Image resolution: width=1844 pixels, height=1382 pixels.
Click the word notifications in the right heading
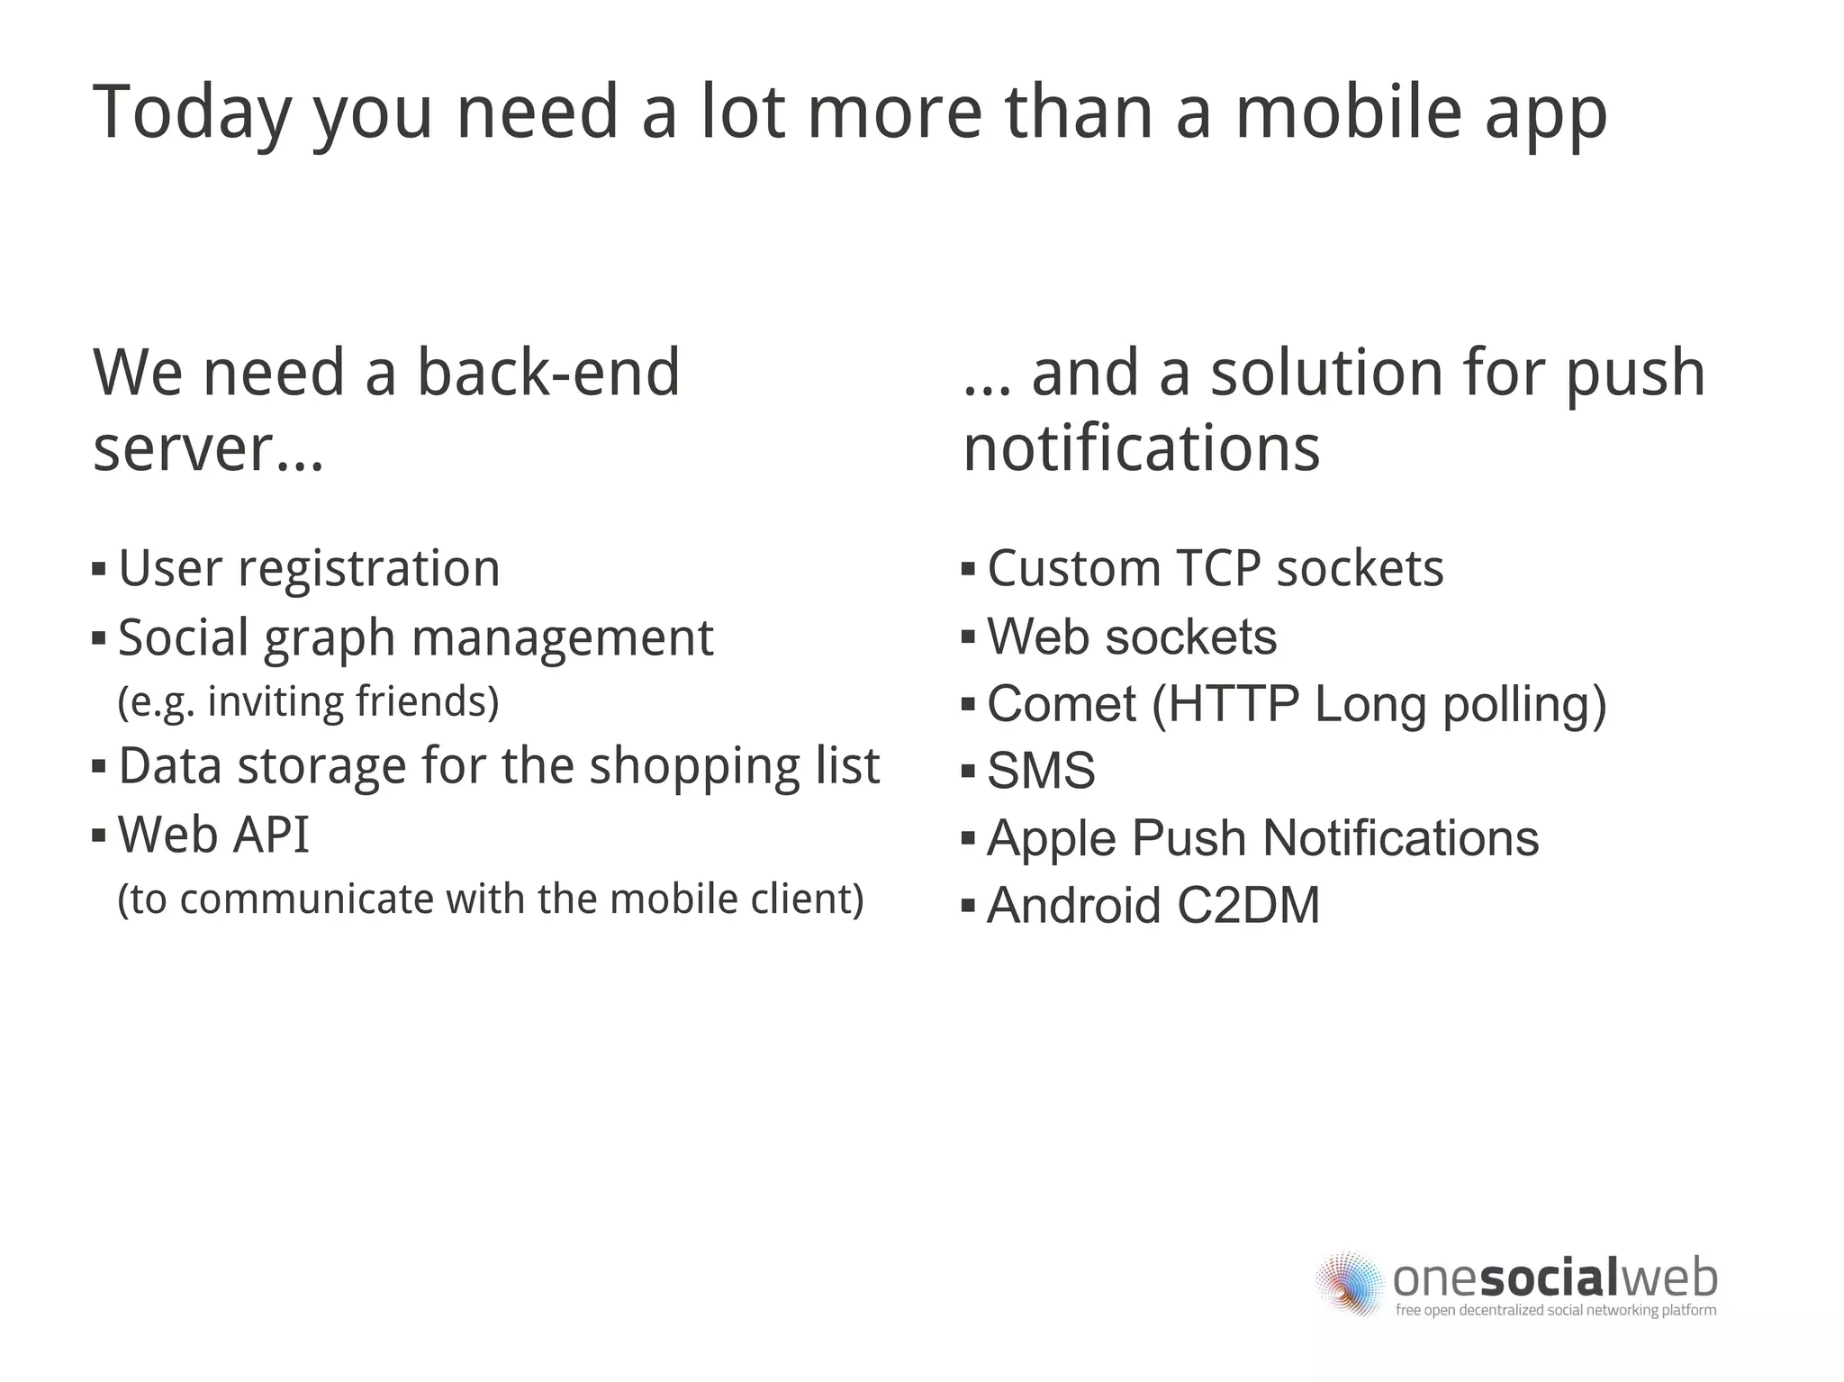coord(1141,448)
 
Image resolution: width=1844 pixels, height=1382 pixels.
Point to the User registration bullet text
coord(309,569)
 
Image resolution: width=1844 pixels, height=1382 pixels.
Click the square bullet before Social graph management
coord(99,638)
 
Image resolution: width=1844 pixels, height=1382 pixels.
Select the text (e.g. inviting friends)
coord(308,702)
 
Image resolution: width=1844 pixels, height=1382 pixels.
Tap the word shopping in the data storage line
coord(693,766)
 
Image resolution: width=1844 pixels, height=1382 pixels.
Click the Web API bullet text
coord(213,835)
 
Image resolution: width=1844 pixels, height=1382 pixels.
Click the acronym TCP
coord(1217,569)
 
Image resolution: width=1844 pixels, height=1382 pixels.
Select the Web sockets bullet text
coord(1132,637)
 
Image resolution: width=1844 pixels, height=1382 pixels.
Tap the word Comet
coord(1062,704)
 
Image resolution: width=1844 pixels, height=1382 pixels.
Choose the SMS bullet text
coord(1041,772)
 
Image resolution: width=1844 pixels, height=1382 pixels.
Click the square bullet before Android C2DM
coord(969,906)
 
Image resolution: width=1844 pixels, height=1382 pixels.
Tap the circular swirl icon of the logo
coord(1349,1283)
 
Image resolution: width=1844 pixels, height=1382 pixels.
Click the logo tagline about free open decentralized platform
coord(1555,1311)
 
